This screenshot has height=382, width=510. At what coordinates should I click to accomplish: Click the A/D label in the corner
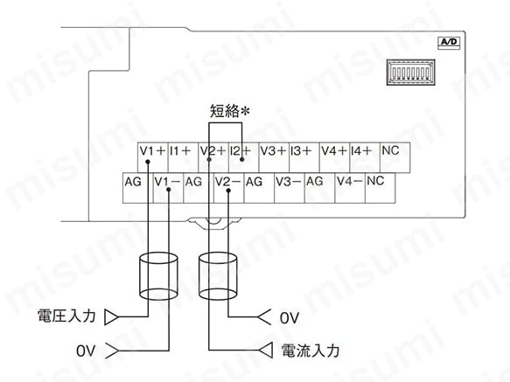(449, 43)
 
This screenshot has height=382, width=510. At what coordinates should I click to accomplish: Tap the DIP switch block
(411, 73)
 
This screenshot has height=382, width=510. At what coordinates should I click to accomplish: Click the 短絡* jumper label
(229, 111)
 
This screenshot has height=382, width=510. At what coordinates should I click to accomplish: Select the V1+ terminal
(153, 157)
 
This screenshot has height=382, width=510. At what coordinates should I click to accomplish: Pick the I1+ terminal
(183, 157)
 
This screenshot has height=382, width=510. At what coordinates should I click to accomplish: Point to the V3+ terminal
(274, 157)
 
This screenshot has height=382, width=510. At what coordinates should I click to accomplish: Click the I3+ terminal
(304, 157)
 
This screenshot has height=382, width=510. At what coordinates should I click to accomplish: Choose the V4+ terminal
(334, 157)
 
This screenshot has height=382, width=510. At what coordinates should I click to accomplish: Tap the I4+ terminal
(365, 157)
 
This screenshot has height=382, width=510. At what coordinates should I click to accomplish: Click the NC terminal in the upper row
(395, 157)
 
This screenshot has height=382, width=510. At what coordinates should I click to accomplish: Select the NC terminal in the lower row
(381, 188)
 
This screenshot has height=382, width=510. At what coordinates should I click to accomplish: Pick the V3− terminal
(290, 188)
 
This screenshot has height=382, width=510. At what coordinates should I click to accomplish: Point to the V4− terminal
(350, 188)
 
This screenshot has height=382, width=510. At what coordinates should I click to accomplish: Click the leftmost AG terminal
(138, 188)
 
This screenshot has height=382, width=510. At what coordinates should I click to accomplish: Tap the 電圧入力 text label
(66, 316)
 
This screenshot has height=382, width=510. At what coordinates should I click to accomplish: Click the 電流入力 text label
(311, 351)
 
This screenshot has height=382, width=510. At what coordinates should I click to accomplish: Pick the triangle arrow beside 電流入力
(266, 351)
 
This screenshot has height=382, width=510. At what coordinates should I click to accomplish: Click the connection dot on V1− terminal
(169, 190)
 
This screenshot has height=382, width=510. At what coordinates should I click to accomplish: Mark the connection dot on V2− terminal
(228, 191)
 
